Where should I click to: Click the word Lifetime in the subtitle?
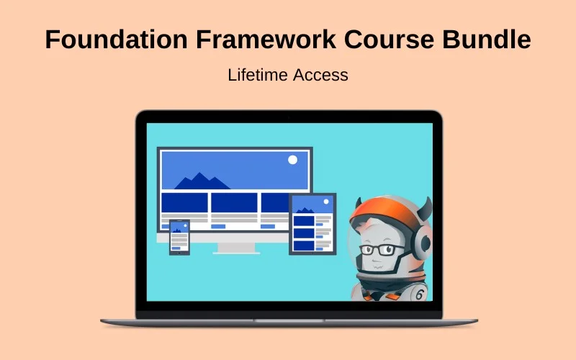[258, 75]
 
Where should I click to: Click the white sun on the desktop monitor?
[292, 160]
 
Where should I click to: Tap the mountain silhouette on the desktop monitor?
[198, 180]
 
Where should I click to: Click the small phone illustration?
[179, 237]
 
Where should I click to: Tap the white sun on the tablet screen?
[327, 202]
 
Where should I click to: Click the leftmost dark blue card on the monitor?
[184, 203]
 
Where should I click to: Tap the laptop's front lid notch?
[288, 320]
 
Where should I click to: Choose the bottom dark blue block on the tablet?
[304, 246]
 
